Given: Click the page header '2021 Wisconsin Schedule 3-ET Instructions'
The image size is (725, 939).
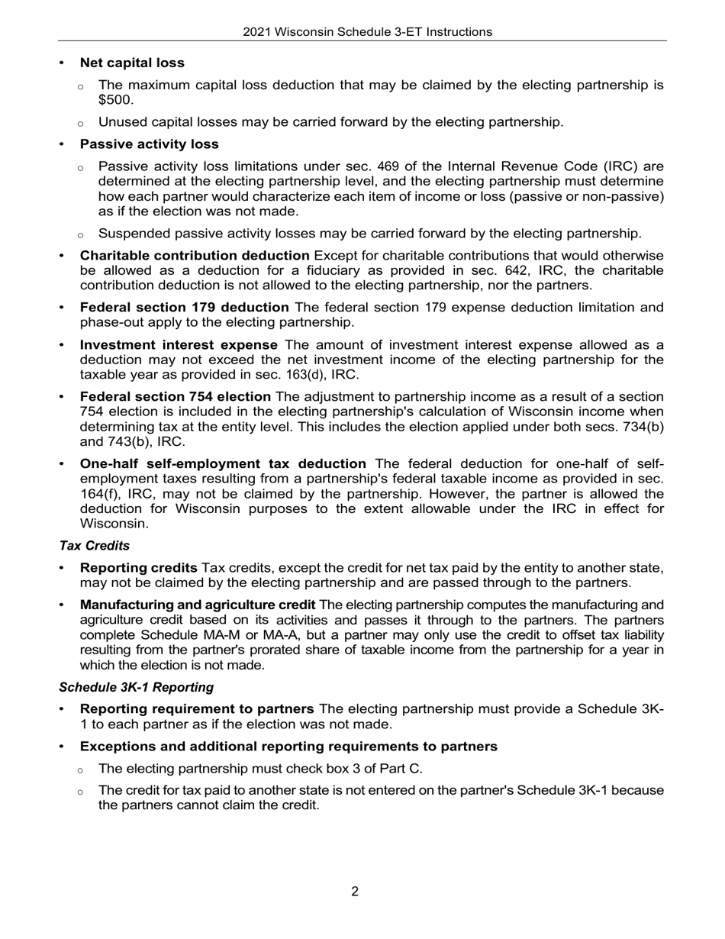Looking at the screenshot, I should [367, 32].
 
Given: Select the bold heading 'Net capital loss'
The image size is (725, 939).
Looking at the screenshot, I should [132, 63].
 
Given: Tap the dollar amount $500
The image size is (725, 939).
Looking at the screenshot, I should [116, 100].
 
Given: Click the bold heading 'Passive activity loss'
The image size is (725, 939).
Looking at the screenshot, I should [149, 144].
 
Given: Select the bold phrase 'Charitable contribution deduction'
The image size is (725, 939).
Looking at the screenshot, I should [195, 256].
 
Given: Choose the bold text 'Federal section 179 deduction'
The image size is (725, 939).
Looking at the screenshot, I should [184, 308].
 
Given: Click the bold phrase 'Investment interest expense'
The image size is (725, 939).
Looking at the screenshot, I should [179, 345].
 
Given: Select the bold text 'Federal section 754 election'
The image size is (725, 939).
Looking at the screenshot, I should [176, 397].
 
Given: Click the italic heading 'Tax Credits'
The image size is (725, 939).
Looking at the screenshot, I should [94, 546].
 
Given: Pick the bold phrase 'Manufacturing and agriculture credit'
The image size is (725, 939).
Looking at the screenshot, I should [197, 605].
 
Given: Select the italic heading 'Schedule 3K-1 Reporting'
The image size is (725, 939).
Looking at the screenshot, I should [136, 687].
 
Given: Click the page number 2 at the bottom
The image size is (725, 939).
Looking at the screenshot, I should [355, 892].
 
